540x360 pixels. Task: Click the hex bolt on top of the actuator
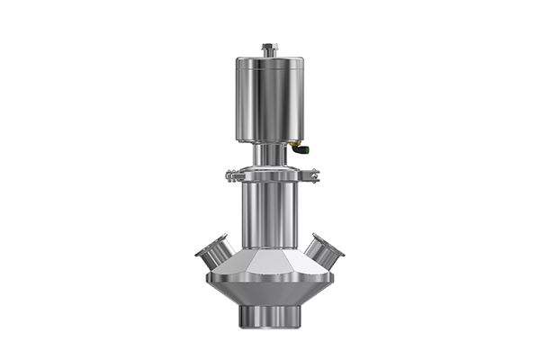pyautogui.click(x=268, y=47)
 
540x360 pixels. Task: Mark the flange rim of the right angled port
pyautogui.click(x=334, y=247)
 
